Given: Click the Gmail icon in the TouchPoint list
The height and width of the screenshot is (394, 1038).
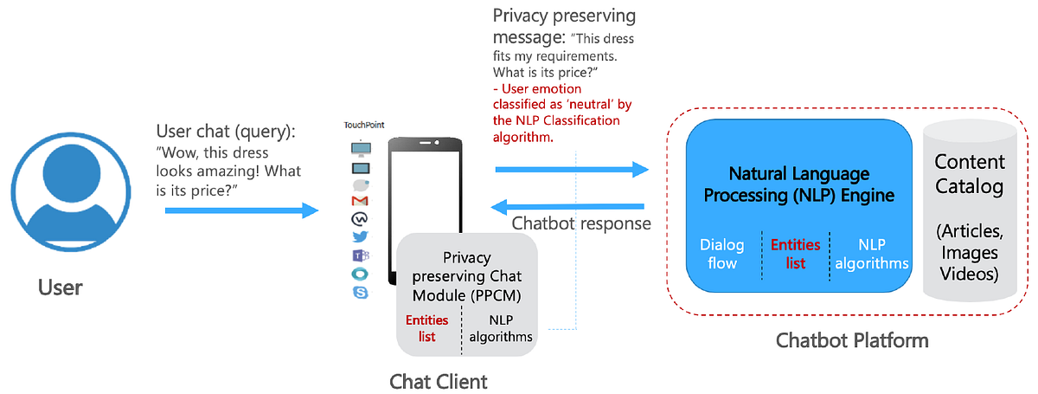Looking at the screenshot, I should coord(360,202).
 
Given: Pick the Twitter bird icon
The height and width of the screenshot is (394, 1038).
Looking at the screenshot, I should coord(360,237).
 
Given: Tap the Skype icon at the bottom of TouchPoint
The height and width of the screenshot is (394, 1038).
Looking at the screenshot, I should coord(360,293).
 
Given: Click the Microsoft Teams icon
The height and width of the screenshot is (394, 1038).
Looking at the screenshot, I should coord(360,255).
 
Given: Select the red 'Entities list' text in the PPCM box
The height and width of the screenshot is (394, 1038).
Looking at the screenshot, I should coord(427,328).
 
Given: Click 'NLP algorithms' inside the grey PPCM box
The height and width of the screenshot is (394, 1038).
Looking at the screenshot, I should coord(500,328).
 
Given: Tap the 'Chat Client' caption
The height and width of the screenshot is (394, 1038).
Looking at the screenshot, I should coord(439,380).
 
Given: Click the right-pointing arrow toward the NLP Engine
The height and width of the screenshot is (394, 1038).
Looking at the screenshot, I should coord(571,170).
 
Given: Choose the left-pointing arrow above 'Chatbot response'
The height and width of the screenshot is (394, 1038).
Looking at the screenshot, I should coord(567,206).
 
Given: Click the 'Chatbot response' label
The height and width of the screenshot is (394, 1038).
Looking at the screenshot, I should coord(581,223).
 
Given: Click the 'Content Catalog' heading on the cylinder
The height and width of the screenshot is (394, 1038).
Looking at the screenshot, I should coord(970,173).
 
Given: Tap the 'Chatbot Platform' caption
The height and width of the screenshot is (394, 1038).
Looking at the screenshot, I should coord(853,340).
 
